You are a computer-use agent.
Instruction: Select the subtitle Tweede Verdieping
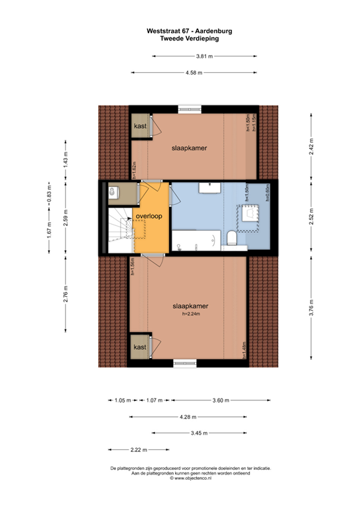(x=190, y=38)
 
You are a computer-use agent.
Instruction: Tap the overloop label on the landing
(x=149, y=216)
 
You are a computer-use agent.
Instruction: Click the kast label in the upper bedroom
(x=140, y=126)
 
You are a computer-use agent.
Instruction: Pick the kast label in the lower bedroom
(x=140, y=347)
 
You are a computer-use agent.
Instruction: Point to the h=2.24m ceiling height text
(x=190, y=314)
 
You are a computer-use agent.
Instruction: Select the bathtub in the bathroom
(x=198, y=240)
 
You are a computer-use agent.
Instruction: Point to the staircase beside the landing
(x=120, y=229)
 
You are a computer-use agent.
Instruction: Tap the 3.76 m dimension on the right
(x=310, y=309)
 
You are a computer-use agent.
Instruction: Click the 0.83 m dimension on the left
(x=49, y=198)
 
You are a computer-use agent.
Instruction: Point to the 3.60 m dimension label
(x=220, y=400)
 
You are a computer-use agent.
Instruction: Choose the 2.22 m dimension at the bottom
(x=139, y=450)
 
